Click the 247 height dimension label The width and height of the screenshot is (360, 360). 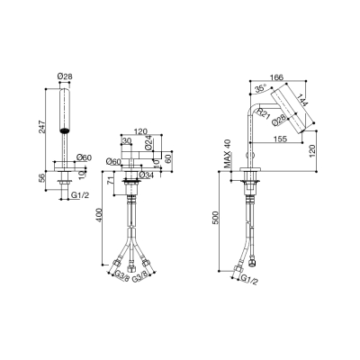point(41,127)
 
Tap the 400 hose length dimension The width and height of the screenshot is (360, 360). point(99,215)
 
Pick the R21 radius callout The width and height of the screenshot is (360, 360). point(264,113)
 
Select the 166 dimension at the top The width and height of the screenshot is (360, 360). point(276,77)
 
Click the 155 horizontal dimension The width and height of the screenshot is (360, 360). point(280,139)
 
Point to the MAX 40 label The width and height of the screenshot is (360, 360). point(229,154)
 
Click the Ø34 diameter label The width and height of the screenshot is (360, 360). point(147,175)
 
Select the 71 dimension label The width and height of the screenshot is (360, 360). point(111,181)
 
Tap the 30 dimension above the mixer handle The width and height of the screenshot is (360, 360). point(127,140)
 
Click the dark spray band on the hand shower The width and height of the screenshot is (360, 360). point(65,130)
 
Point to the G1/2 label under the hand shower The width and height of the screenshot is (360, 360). point(80,195)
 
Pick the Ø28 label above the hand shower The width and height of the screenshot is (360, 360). point(65,76)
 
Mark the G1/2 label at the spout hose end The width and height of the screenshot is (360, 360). point(249,280)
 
